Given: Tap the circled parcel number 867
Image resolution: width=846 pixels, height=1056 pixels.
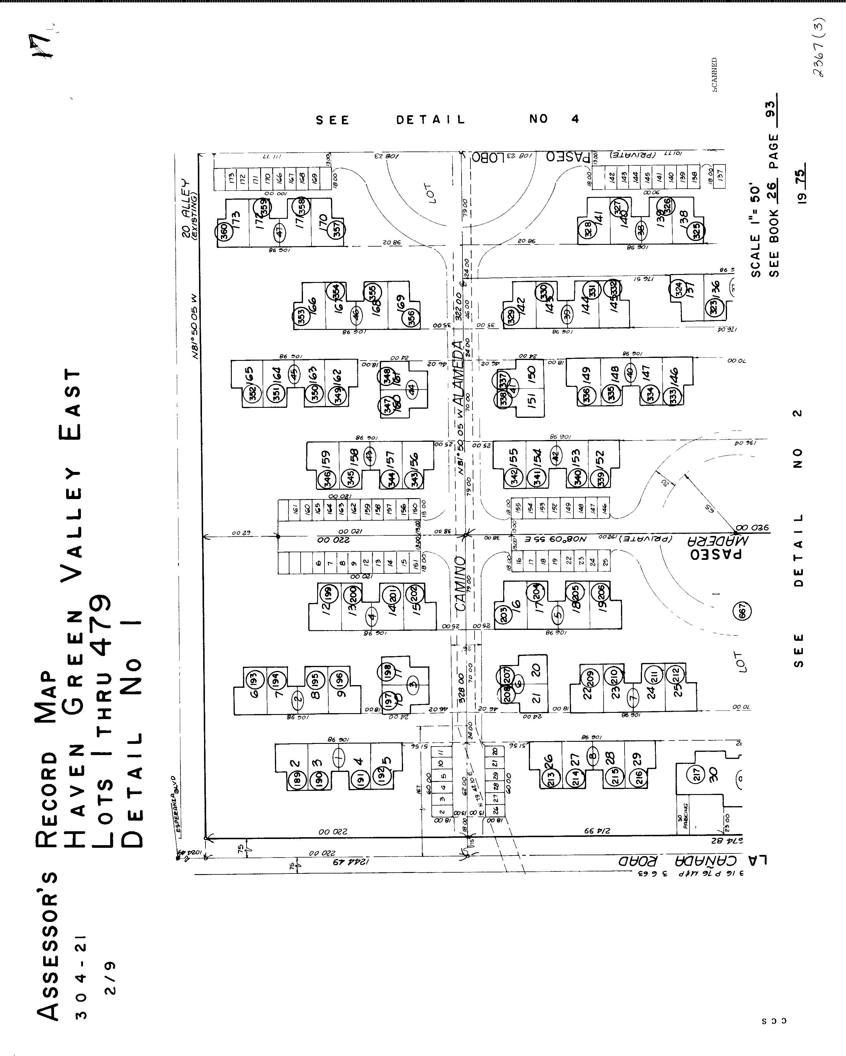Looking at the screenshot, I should (742, 611).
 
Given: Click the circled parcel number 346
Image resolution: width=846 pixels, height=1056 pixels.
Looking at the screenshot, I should (327, 478).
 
